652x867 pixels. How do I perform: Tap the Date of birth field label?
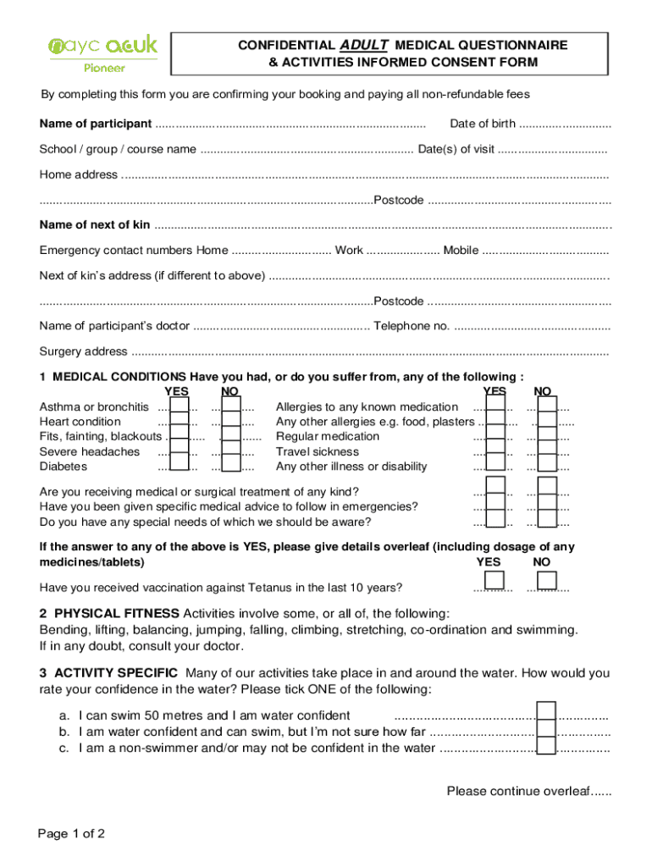coord(482,124)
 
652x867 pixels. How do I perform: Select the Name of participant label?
coord(96,124)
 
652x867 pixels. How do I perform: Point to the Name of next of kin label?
coord(95,225)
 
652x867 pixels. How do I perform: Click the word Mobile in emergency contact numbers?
coord(461,251)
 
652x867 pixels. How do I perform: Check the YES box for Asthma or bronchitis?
coord(179,407)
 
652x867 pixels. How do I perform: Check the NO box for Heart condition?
coord(231,422)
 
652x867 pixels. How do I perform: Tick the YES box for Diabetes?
coord(179,467)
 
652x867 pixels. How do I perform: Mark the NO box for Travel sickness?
coord(547,451)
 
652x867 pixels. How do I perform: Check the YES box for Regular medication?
coord(495,437)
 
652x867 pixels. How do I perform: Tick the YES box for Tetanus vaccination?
coord(495,581)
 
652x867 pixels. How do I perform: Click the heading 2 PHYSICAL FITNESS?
coord(109,613)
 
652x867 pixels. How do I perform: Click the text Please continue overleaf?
coord(528,792)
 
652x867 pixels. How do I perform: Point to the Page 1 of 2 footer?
coord(72,834)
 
